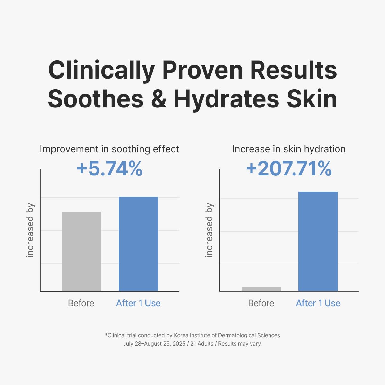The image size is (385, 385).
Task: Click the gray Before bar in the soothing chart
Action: (81, 252)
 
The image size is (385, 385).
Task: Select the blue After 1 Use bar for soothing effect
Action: (138, 244)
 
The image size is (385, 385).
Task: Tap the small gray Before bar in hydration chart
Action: (261, 289)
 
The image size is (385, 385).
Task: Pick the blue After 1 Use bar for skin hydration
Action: (318, 241)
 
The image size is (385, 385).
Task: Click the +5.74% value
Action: (109, 169)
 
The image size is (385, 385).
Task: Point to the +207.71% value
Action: (289, 169)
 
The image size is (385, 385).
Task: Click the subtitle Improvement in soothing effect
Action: (109, 149)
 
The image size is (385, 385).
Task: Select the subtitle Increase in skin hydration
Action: (289, 149)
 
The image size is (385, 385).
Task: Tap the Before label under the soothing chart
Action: (81, 303)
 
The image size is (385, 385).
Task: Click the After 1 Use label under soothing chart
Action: (138, 303)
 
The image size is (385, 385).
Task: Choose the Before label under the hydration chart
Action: (261, 303)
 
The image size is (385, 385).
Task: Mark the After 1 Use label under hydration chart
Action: (318, 303)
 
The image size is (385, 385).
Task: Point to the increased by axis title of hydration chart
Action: (210, 230)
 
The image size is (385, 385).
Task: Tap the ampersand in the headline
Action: (159, 99)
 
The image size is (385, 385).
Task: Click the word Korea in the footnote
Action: (181, 335)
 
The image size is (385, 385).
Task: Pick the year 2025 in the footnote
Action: (179, 344)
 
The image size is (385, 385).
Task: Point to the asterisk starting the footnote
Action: (106, 334)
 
